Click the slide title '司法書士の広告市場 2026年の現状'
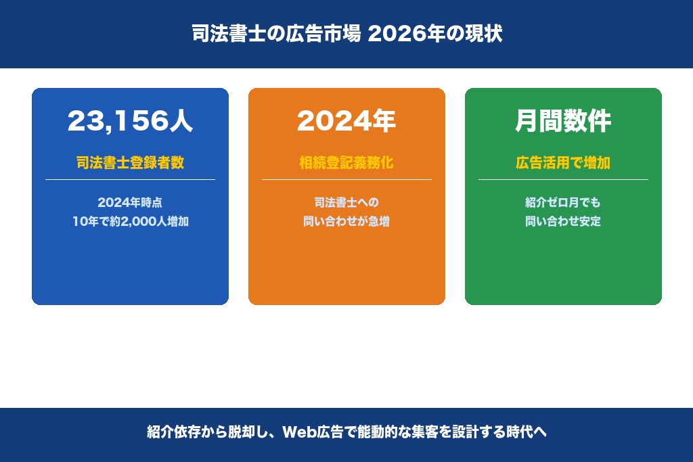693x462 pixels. [x=346, y=34]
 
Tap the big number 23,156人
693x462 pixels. [x=130, y=121]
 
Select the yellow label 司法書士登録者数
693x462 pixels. [x=130, y=163]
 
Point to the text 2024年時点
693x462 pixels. [x=130, y=202]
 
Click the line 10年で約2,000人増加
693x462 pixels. [x=130, y=221]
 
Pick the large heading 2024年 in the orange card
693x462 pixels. [x=346, y=121]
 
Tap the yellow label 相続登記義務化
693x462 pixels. [x=346, y=163]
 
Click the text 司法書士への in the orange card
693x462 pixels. [x=346, y=202]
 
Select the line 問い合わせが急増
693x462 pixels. [x=346, y=221]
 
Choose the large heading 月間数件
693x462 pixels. [x=563, y=121]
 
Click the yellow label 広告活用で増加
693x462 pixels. [x=563, y=163]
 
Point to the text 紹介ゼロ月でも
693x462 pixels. [x=563, y=202]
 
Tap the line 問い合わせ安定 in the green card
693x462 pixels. [x=563, y=221]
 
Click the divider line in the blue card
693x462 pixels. [x=130, y=179]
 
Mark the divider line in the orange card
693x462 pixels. [x=346, y=179]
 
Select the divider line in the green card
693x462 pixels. [x=563, y=179]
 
